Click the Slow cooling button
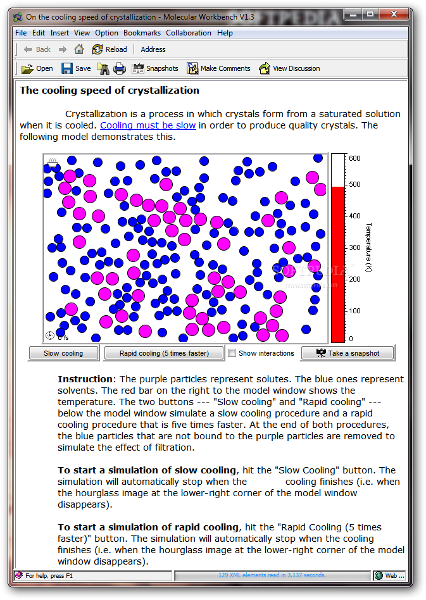[64, 353]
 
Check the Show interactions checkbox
[232, 353]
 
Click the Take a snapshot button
[348, 353]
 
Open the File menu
[21, 33]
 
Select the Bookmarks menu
[142, 33]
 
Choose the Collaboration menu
[189, 33]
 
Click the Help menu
[225, 33]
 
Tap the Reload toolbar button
[110, 49]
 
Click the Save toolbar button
[76, 68]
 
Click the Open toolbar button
[37, 68]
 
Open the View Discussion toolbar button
[289, 68]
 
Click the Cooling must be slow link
[148, 125]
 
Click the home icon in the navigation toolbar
[79, 49]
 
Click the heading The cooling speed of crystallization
[110, 91]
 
